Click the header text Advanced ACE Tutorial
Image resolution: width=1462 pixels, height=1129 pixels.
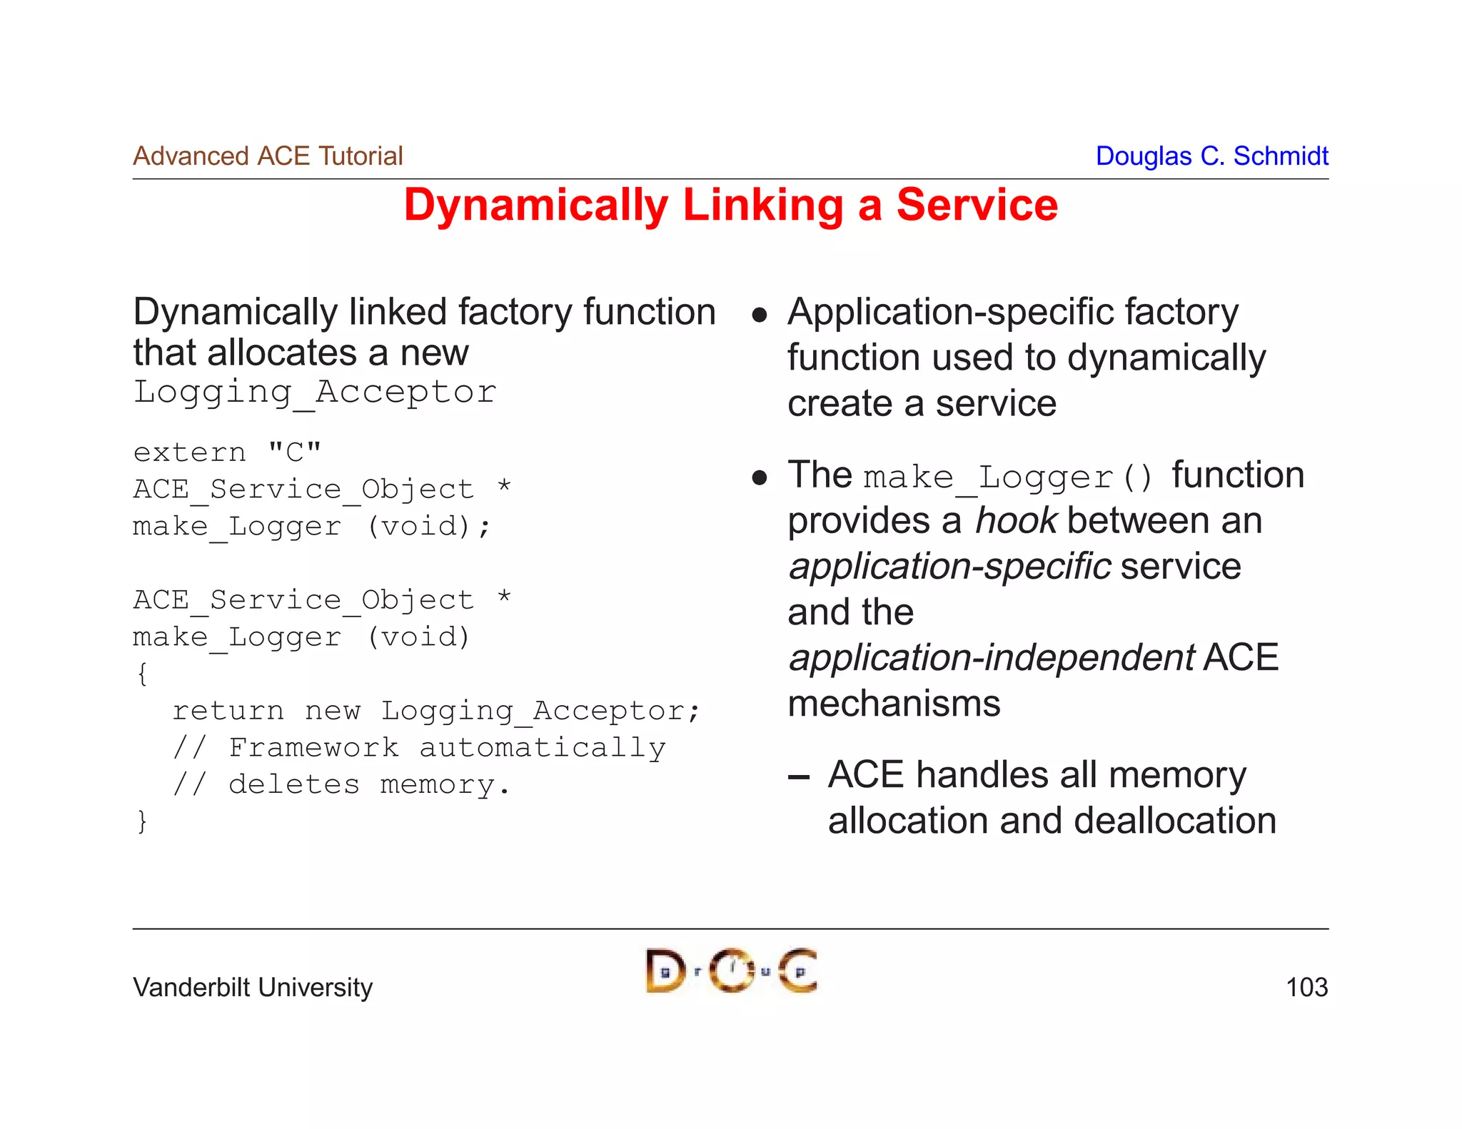(x=268, y=156)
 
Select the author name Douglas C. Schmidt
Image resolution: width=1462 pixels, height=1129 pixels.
(x=1211, y=156)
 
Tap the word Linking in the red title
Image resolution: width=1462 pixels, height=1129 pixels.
(x=762, y=206)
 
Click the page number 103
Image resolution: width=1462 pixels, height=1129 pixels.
(x=1306, y=988)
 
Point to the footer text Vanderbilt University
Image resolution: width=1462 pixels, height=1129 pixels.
(x=253, y=988)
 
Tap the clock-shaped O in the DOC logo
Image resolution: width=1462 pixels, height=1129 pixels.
(x=732, y=971)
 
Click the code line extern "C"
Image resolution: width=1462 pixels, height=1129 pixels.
(x=227, y=452)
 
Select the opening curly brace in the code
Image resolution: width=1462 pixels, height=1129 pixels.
(x=142, y=674)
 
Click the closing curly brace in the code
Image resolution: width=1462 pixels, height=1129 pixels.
(x=142, y=821)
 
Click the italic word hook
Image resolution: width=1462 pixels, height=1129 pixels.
(x=1015, y=521)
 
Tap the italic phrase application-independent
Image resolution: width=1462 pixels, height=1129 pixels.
(x=991, y=658)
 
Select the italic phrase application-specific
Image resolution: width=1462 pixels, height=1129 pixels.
(x=949, y=567)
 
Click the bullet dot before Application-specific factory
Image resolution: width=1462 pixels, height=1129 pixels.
(x=760, y=315)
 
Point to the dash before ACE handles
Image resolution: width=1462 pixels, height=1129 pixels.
(x=799, y=777)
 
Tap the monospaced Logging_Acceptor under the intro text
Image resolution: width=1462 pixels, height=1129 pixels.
(x=315, y=393)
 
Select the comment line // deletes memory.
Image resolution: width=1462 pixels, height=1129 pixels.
(x=341, y=784)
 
